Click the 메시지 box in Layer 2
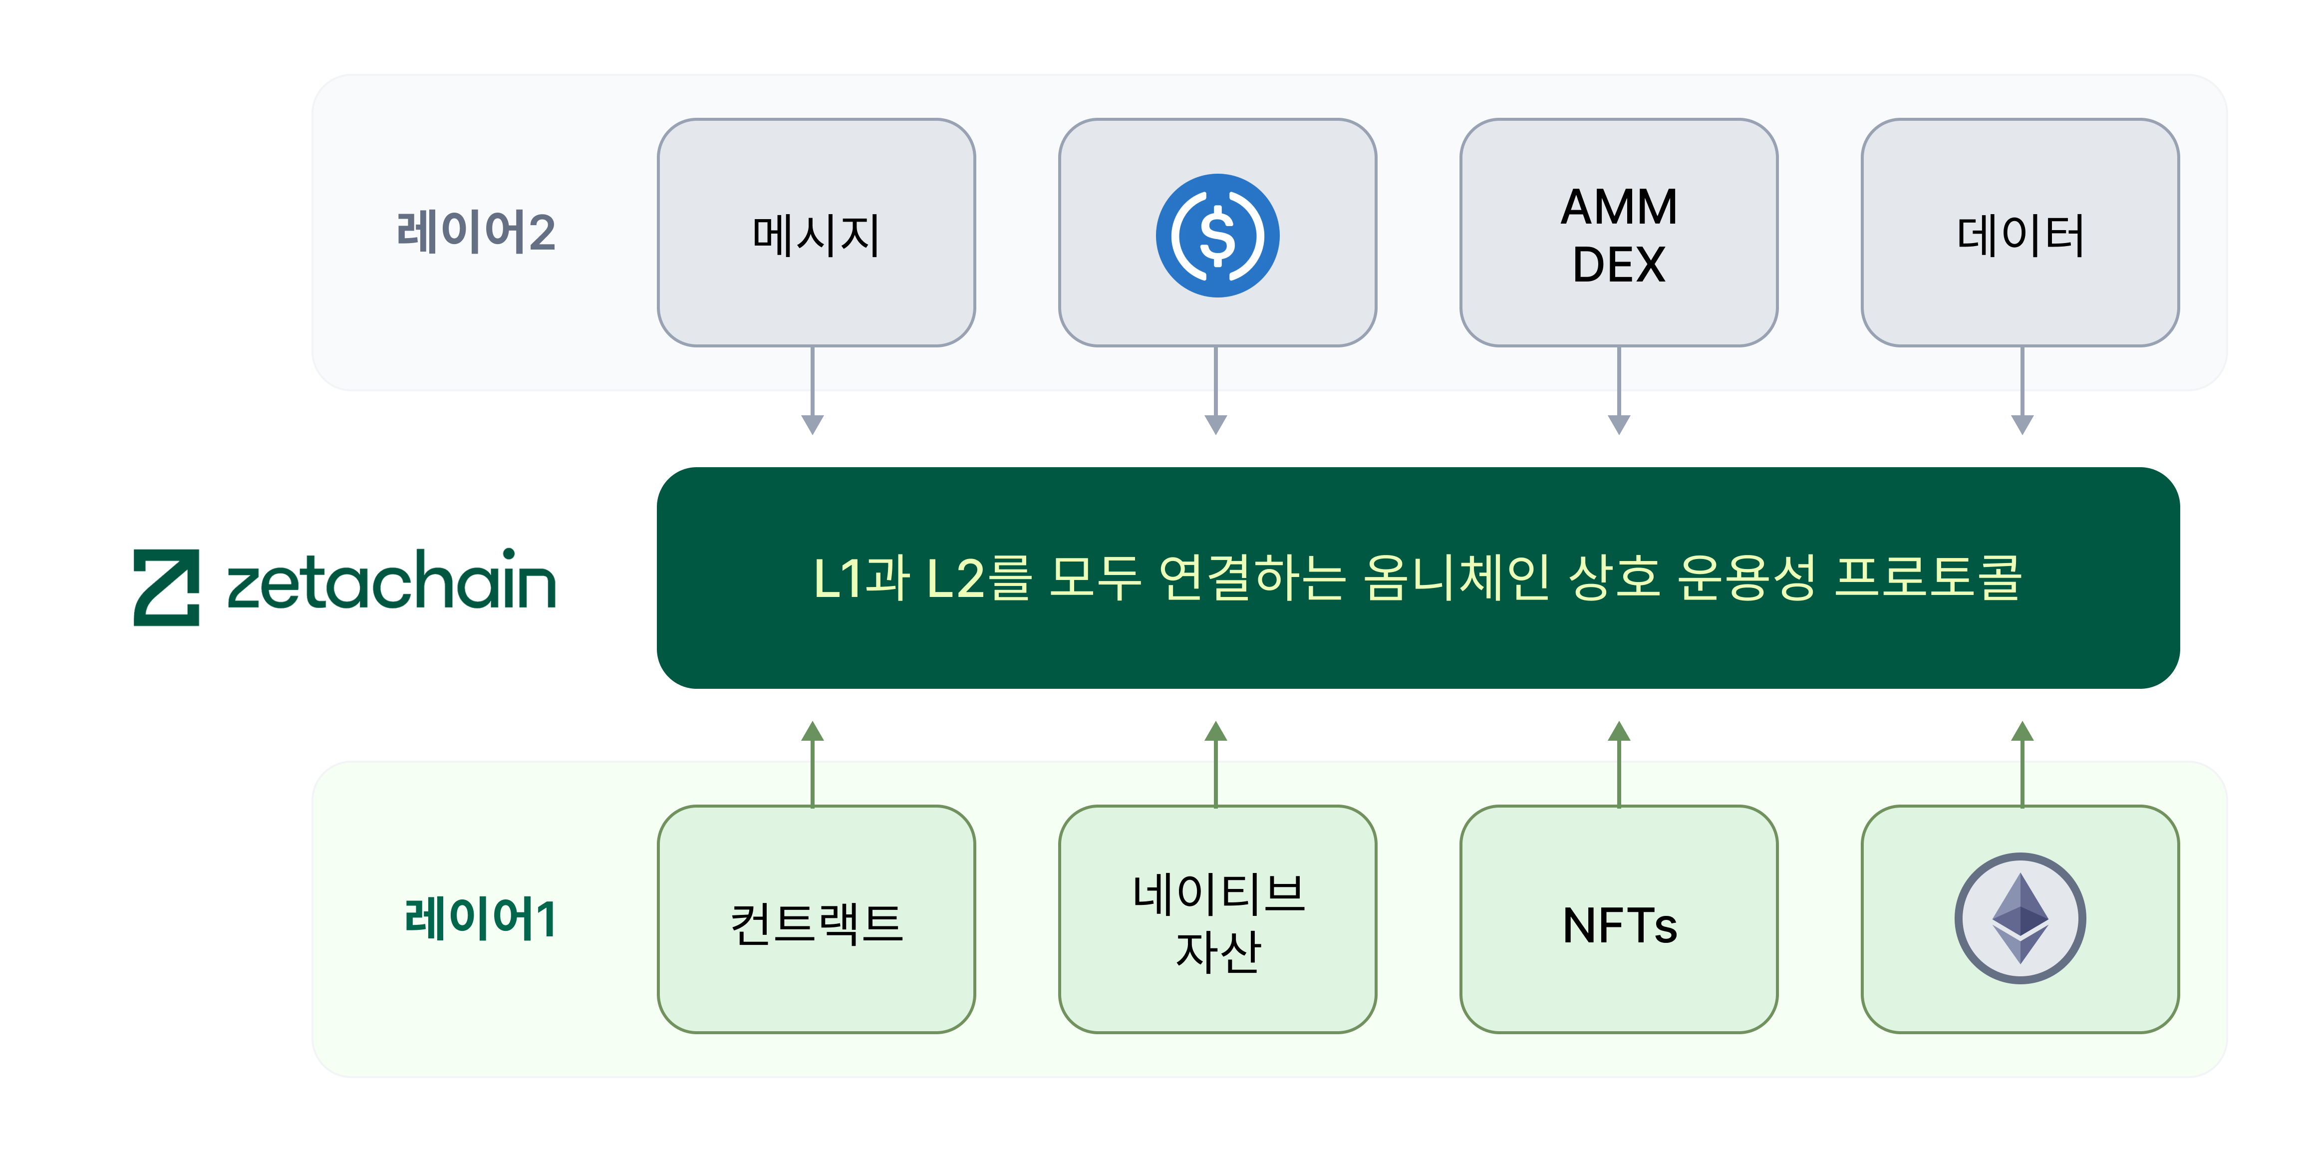tap(815, 233)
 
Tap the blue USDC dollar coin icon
tap(1217, 235)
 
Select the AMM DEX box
tap(1618, 233)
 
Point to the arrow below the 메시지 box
tap(813, 390)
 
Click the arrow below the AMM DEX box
tap(1619, 390)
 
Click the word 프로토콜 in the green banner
tap(1928, 578)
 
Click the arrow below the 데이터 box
tap(2022, 390)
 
